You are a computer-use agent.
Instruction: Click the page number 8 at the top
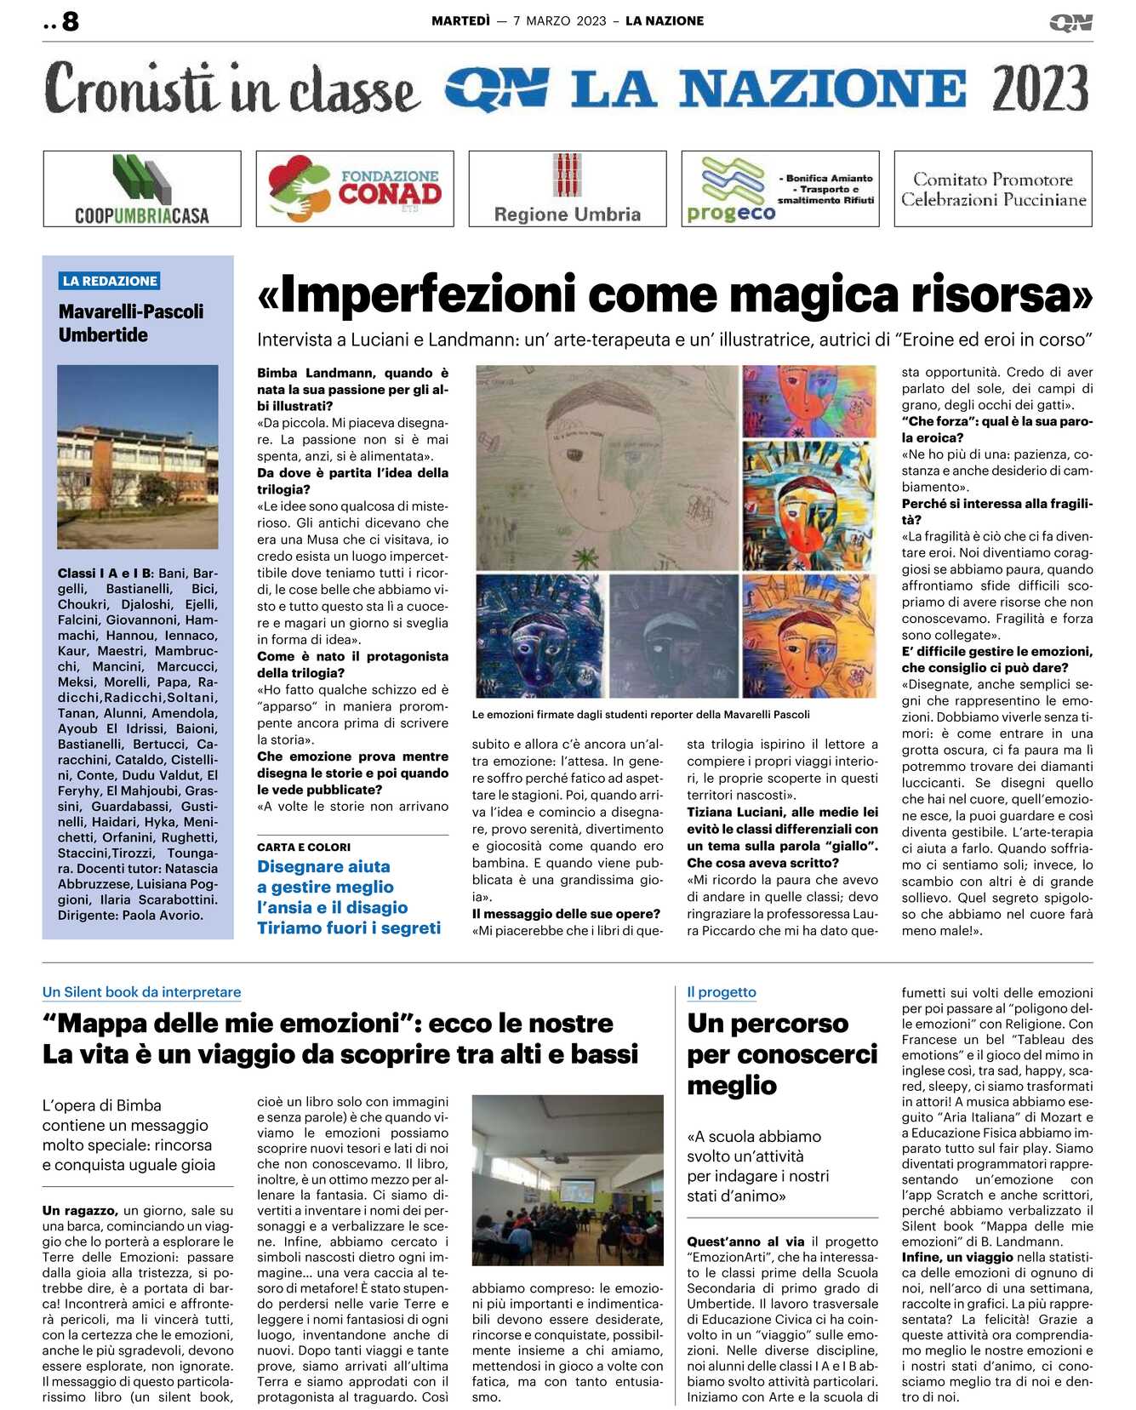tap(71, 21)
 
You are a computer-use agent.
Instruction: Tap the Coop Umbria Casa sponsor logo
tap(142, 189)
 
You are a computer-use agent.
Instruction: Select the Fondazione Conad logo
tap(355, 189)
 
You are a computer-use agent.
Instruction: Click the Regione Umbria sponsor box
tap(568, 189)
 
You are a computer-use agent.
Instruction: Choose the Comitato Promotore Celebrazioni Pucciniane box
tap(993, 189)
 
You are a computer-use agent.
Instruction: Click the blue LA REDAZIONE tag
tap(110, 281)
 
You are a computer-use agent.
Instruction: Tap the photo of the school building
tap(138, 456)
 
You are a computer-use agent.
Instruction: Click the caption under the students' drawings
tap(641, 715)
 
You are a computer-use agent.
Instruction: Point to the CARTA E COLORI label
tap(304, 847)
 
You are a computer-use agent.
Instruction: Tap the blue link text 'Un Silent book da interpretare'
tap(141, 991)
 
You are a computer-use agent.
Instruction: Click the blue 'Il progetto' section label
tap(722, 991)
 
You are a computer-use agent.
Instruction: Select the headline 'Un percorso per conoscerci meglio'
tap(781, 1053)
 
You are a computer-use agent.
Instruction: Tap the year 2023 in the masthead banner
tap(1039, 88)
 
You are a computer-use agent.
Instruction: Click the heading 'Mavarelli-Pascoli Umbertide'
tap(131, 323)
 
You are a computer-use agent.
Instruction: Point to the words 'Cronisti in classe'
tap(231, 88)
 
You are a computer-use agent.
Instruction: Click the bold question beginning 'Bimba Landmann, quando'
tap(352, 389)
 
